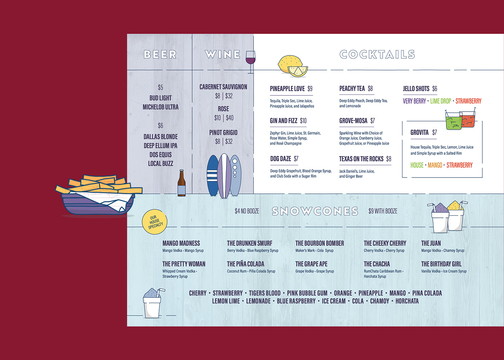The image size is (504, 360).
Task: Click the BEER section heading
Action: [160, 54]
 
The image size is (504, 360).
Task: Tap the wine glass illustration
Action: [250, 59]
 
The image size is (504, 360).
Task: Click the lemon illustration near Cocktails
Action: [292, 66]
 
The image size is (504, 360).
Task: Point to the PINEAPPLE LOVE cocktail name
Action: [287, 89]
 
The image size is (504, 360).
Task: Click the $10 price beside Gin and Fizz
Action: [303, 121]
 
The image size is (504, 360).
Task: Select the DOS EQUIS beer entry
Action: [161, 154]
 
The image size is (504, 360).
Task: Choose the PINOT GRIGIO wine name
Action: [223, 132]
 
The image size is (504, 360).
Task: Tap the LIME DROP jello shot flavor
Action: [441, 101]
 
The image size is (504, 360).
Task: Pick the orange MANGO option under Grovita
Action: [435, 165]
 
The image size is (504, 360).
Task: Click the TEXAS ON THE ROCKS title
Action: [361, 159]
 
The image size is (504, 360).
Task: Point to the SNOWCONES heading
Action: [315, 211]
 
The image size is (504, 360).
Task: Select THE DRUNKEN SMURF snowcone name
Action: [249, 243]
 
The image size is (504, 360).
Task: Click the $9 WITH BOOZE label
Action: [383, 211]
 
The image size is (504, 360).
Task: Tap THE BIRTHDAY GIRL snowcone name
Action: [441, 264]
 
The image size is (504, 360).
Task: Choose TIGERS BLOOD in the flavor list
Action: [265, 293]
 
